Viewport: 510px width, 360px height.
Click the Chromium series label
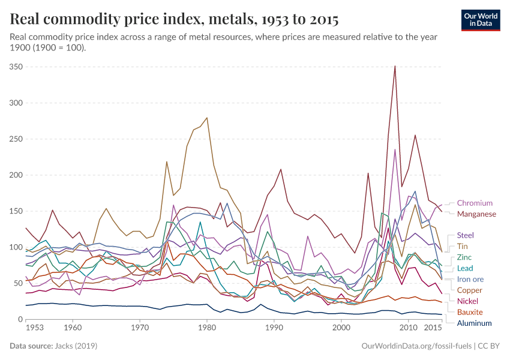coord(475,203)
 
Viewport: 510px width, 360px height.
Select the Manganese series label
coord(476,214)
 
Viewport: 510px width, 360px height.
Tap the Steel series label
coord(466,235)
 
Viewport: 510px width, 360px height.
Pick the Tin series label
coord(463,247)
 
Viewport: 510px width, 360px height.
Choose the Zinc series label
coord(464,257)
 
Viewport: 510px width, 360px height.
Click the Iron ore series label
coord(470,279)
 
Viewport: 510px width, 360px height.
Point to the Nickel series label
coord(467,301)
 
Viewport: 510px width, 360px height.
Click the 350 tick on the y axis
coord(16,67)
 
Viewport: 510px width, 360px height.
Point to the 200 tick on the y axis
coord(16,175)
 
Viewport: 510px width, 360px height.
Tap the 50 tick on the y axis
coord(18,283)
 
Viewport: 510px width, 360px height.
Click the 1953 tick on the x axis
coord(34,329)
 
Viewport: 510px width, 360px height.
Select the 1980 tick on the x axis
coord(207,329)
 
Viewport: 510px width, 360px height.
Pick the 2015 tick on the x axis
coord(433,329)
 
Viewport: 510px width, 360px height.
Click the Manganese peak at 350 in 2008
coord(395,67)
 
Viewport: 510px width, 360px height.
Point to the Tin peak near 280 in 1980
coord(207,118)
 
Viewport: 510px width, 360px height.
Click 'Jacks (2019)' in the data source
coord(77,346)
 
